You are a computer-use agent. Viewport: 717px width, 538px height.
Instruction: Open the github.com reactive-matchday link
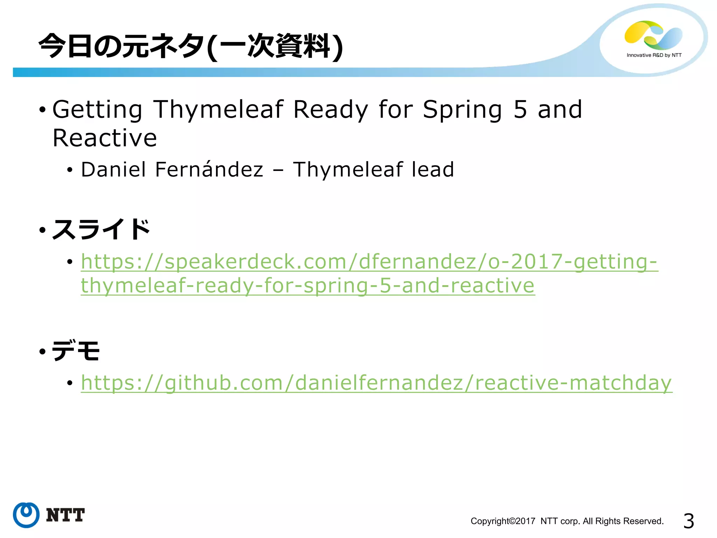coord(376,382)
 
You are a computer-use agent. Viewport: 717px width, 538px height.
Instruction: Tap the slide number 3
coord(688,521)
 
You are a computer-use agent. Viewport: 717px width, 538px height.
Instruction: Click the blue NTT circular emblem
coord(26,515)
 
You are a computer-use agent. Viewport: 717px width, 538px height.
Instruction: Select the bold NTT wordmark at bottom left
coord(65,515)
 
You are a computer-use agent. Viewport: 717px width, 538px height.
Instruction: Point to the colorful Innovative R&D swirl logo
coord(653,35)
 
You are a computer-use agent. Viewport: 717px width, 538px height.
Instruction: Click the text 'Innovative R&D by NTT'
coord(654,55)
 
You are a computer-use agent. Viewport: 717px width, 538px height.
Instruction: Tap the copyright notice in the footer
coord(567,521)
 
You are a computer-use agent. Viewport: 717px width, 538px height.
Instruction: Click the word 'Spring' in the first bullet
coord(462,110)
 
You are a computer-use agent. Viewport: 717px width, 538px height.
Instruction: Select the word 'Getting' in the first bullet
coord(97,110)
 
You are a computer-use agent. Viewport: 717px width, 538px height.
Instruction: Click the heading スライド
coord(101,229)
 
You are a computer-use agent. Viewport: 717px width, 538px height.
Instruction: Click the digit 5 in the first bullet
coord(520,110)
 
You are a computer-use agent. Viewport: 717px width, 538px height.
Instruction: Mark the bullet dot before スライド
coord(43,230)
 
